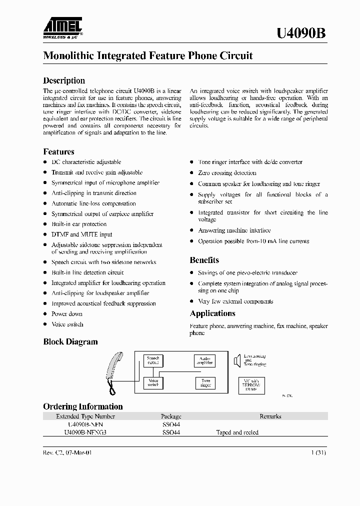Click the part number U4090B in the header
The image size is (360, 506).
(x=301, y=33)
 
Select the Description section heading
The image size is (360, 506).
(x=64, y=80)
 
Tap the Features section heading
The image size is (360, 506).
(x=58, y=151)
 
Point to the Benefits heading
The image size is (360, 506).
(x=204, y=260)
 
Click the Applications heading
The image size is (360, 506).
(x=212, y=313)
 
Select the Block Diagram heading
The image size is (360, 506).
(x=70, y=342)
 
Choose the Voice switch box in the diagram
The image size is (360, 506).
(x=152, y=382)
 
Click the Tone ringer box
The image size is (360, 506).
(x=205, y=383)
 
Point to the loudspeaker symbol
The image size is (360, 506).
(x=237, y=360)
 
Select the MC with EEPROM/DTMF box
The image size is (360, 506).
(x=250, y=385)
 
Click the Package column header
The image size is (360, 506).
(x=171, y=416)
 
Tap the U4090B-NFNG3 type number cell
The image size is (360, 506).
(x=85, y=432)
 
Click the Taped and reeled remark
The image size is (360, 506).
(x=237, y=432)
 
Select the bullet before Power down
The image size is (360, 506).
(x=45, y=314)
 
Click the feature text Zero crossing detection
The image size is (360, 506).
(x=220, y=172)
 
